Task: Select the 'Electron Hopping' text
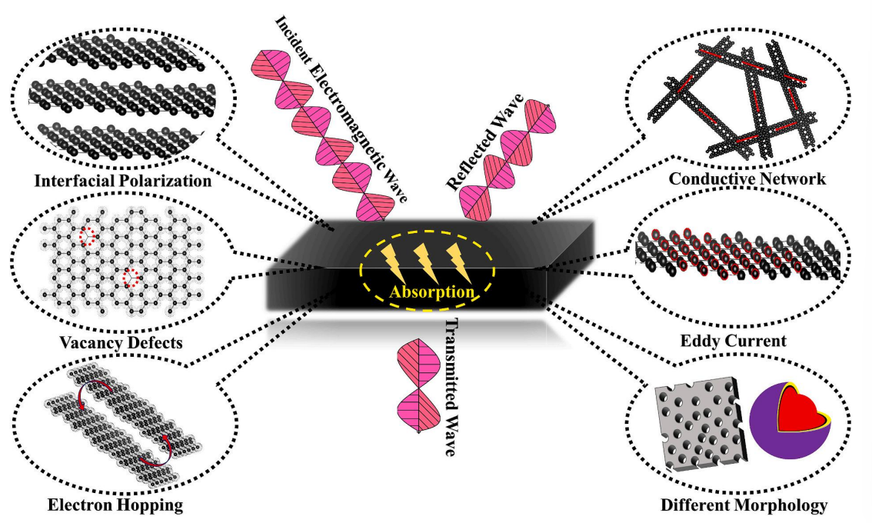click(115, 505)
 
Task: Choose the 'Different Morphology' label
click(744, 505)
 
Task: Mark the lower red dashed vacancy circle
click(131, 278)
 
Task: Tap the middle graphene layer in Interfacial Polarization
click(112, 95)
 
